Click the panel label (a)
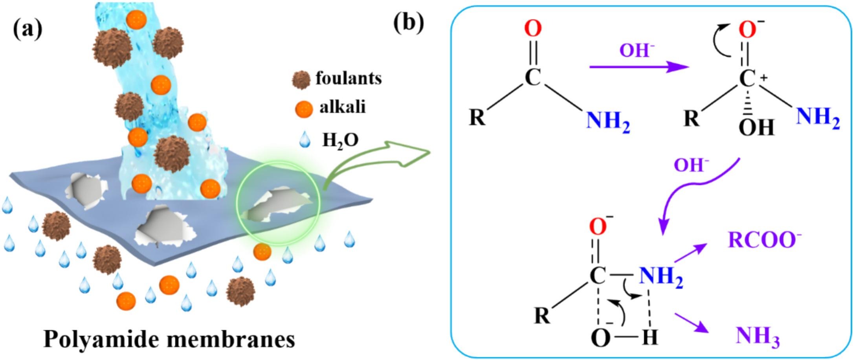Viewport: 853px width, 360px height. coord(28,29)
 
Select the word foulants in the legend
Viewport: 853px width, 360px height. coord(349,78)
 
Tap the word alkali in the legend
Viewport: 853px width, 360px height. coord(343,107)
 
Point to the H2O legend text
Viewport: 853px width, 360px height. coord(340,140)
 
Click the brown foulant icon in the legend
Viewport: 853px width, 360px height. coord(301,80)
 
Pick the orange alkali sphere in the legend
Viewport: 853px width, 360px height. coord(304,109)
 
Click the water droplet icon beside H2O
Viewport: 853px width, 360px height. coord(305,140)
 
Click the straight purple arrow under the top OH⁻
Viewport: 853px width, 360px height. coord(638,67)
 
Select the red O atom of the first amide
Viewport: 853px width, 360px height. coord(533,29)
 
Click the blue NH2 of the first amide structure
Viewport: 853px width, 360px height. coord(608,121)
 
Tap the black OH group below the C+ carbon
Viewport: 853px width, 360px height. coord(756,128)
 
